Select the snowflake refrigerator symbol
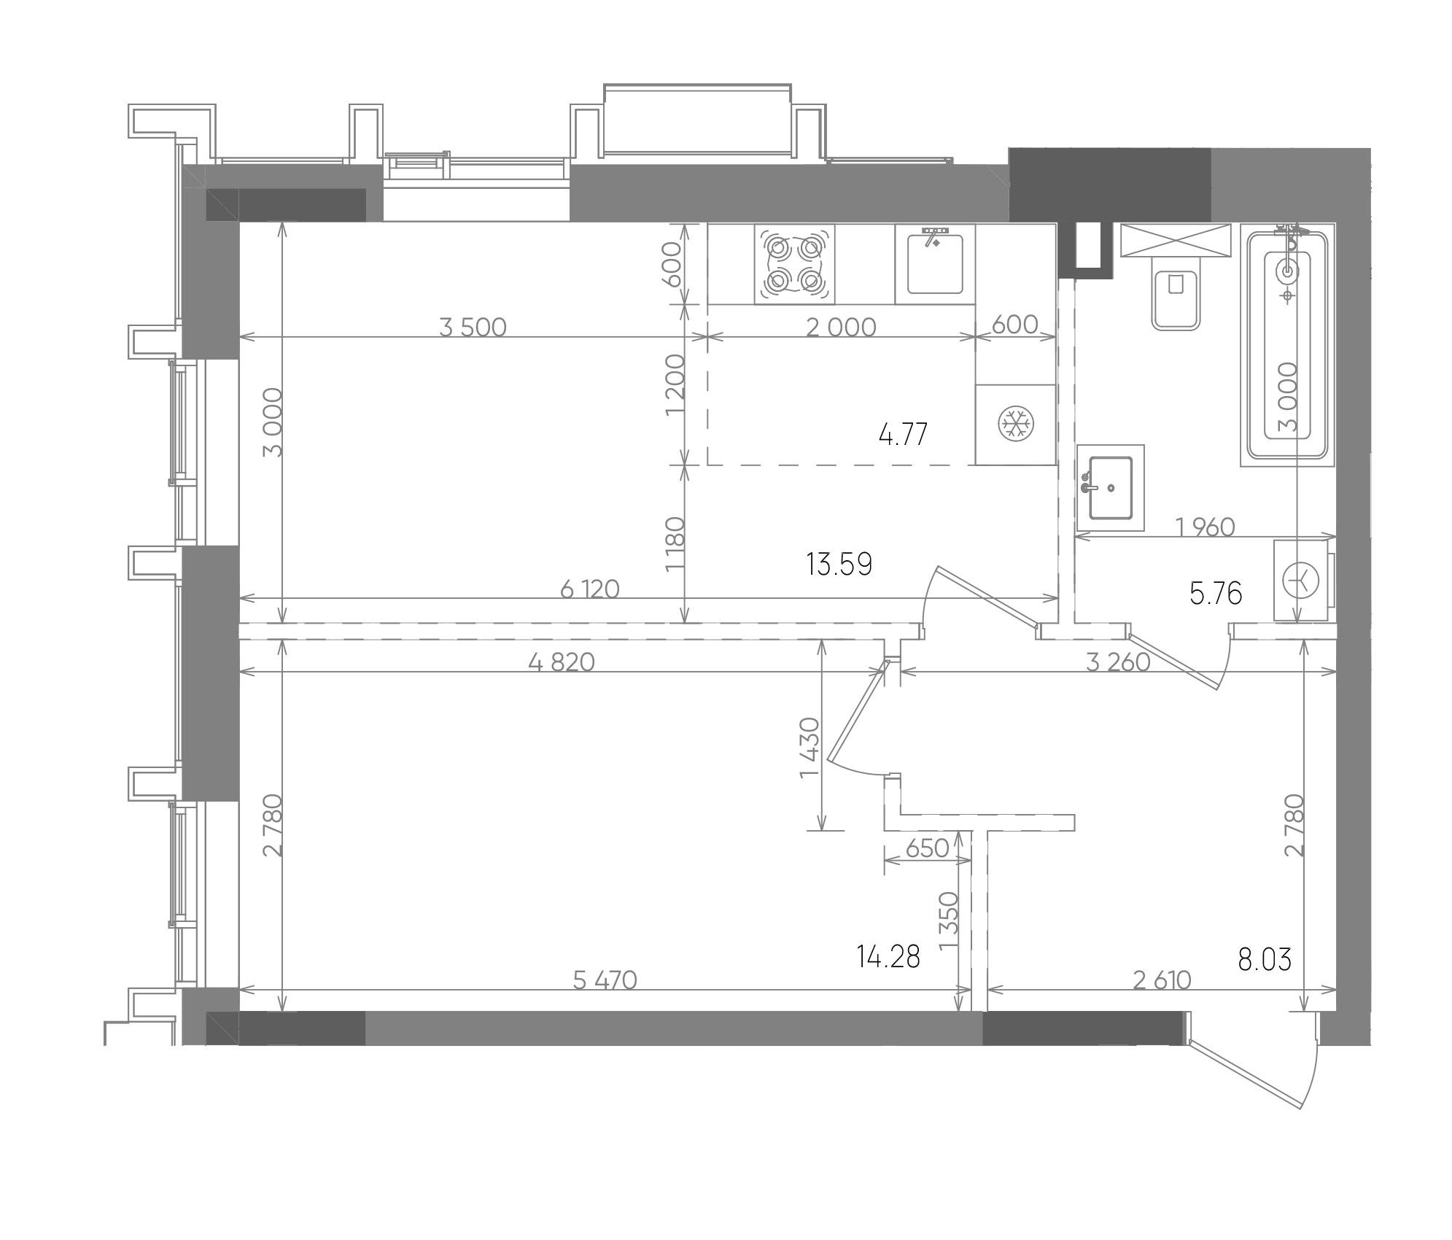(1016, 425)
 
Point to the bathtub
(1287, 345)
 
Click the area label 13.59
(839, 564)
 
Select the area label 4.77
(903, 435)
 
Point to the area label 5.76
(1216, 593)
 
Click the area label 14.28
(890, 956)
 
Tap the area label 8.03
(1265, 960)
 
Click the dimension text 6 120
(589, 589)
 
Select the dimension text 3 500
(473, 327)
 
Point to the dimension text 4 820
(562, 662)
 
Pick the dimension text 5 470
(605, 980)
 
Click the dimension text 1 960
(1206, 527)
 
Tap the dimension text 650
(926, 848)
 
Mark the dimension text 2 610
(1162, 980)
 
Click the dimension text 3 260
(1118, 662)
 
